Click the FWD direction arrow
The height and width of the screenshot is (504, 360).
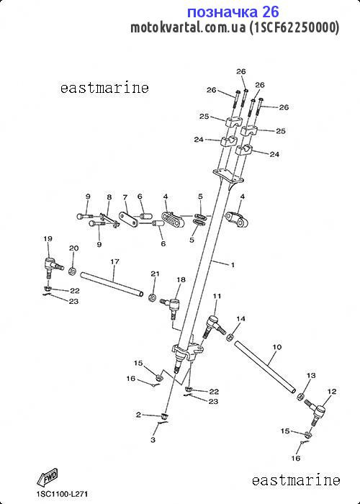[x=48, y=477]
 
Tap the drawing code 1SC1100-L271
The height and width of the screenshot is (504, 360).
[x=62, y=494]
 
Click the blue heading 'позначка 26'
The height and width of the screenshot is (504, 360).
[x=233, y=12]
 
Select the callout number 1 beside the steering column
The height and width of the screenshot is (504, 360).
[x=233, y=265]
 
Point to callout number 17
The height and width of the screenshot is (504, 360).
[x=114, y=261]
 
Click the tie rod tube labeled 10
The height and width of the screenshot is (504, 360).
[x=265, y=366]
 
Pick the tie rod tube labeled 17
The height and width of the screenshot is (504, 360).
[x=112, y=284]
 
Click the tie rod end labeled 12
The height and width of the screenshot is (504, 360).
[x=315, y=413]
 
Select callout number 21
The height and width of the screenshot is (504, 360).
[x=156, y=274]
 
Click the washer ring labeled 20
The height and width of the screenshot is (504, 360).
[x=72, y=271]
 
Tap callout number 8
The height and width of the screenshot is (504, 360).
[x=109, y=197]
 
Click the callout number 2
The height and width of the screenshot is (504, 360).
[x=138, y=415]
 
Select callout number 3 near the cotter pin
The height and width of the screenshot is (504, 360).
[x=153, y=440]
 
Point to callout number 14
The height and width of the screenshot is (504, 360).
[x=240, y=319]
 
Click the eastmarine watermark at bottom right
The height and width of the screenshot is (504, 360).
[x=296, y=480]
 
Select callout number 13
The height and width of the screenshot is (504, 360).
[x=311, y=375]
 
